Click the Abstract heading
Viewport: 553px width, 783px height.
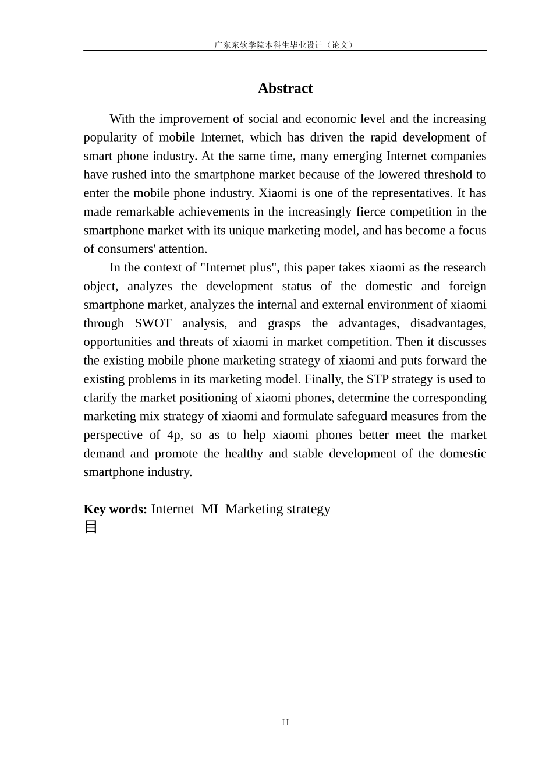tap(285, 89)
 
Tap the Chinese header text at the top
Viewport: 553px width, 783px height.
tap(285, 45)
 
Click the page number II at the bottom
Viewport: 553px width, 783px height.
tap(285, 722)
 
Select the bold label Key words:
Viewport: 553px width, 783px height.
tap(115, 509)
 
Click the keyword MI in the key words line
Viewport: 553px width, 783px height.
tap(210, 509)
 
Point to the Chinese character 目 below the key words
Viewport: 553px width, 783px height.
tap(91, 527)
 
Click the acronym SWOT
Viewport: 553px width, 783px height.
tap(153, 323)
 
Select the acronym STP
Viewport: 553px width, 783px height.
tap(377, 379)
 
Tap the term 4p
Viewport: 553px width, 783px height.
tap(174, 435)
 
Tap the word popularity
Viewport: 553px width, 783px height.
tap(109, 137)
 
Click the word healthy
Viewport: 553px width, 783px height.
tap(244, 454)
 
